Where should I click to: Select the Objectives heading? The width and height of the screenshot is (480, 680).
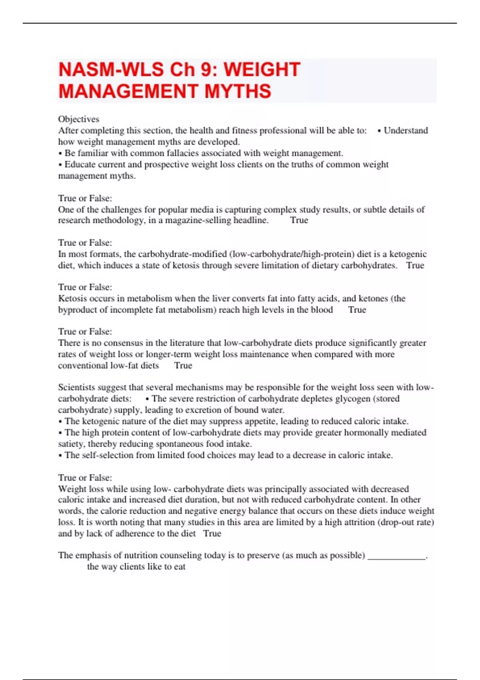tap(78, 119)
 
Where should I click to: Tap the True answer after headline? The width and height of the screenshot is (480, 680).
tap(299, 220)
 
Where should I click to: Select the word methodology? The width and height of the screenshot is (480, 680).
tap(119, 220)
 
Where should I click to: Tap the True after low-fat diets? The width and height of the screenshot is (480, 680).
tap(183, 366)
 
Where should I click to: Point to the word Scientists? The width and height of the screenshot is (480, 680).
tap(76, 387)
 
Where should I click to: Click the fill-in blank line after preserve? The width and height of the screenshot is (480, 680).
tap(396, 556)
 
